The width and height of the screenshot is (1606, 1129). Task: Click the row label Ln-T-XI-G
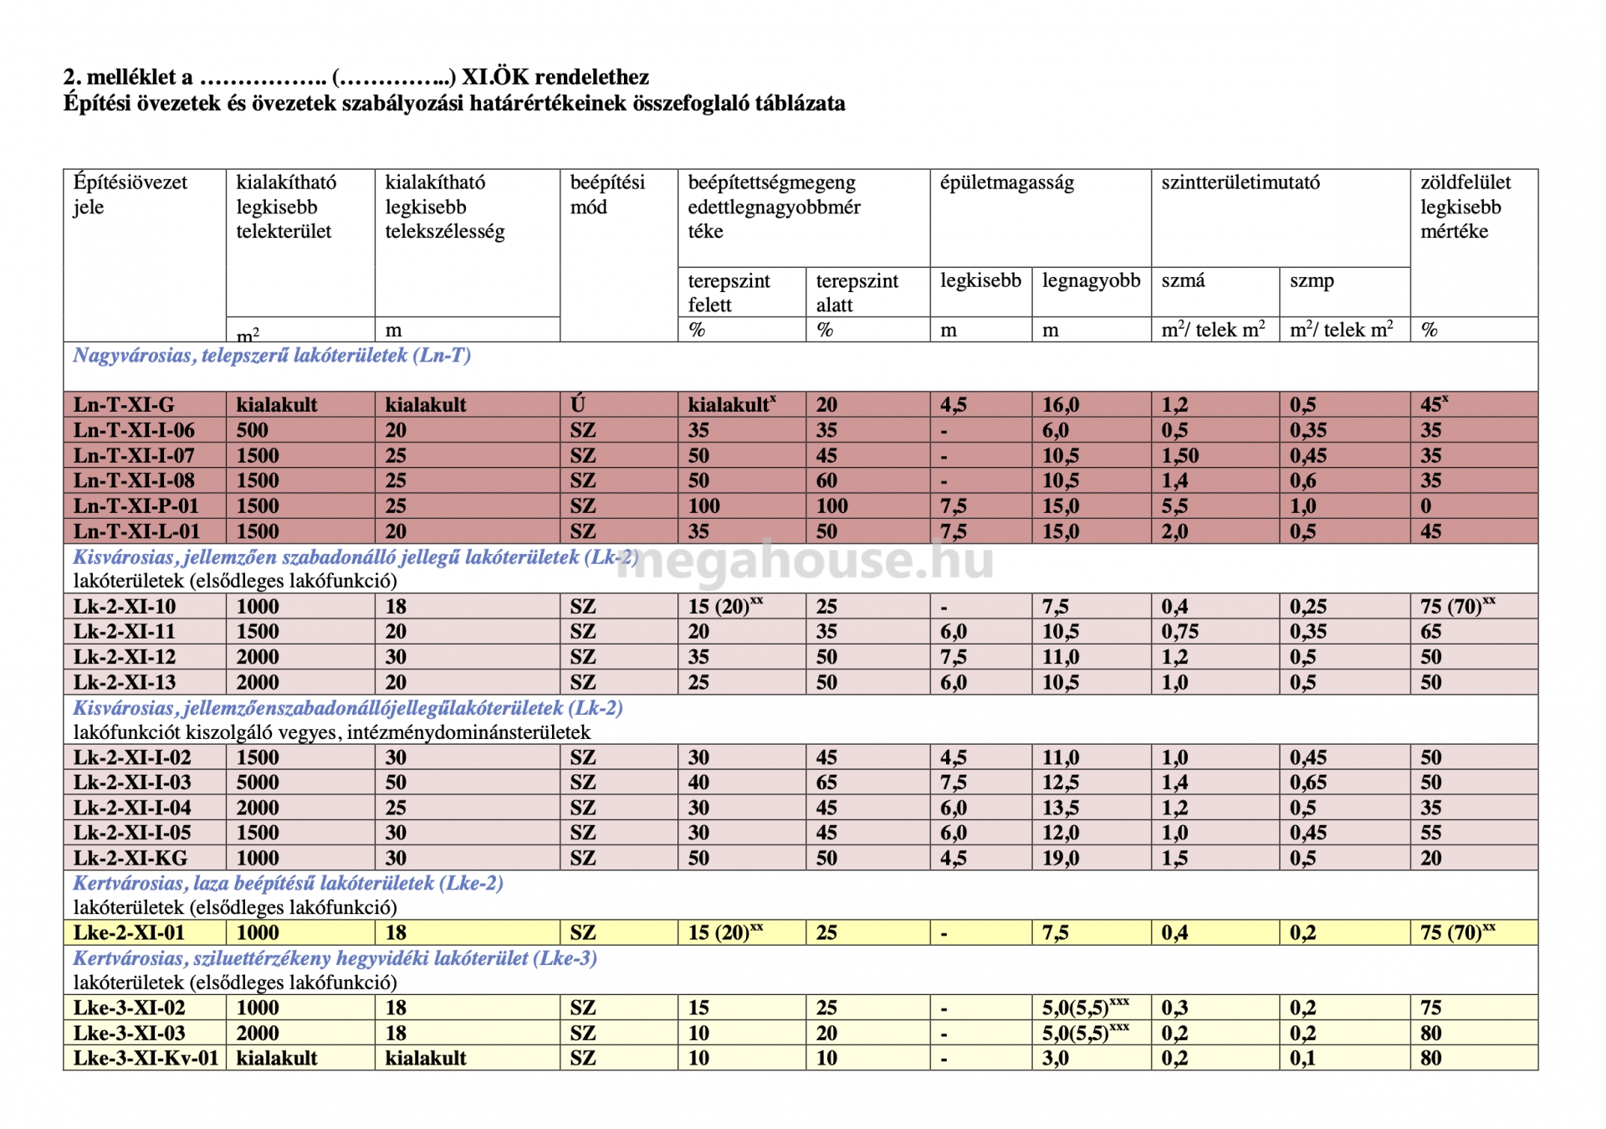click(x=124, y=405)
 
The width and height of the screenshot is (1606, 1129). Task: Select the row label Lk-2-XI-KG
click(x=130, y=858)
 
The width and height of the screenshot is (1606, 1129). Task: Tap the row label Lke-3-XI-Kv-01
click(x=146, y=1058)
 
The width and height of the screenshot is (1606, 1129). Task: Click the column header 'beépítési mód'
click(x=607, y=194)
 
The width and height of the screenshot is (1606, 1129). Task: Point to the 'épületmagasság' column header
click(x=1006, y=182)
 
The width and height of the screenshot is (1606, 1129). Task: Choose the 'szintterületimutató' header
click(x=1240, y=182)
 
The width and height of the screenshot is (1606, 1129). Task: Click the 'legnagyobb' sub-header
click(x=1091, y=280)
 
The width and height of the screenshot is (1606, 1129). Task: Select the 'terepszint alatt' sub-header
click(x=857, y=292)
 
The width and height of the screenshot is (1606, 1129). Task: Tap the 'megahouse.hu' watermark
click(x=805, y=560)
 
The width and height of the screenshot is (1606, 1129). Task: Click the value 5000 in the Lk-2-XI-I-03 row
click(x=258, y=783)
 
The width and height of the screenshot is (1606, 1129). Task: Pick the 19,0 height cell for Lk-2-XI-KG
click(x=1061, y=858)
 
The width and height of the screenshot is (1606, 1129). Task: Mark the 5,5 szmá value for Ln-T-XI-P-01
click(x=1174, y=505)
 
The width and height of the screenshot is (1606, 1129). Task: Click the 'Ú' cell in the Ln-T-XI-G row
click(x=577, y=405)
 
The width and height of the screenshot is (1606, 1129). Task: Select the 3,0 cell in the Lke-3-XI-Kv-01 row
click(x=1056, y=1058)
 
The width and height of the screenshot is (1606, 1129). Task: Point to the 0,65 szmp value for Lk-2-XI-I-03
click(x=1308, y=783)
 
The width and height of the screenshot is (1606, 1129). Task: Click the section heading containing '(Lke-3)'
click(x=335, y=958)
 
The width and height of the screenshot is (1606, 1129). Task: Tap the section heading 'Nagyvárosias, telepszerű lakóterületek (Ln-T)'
click(x=272, y=356)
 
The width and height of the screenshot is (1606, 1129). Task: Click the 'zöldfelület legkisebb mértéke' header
click(x=1465, y=207)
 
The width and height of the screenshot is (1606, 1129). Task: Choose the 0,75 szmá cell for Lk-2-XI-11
click(x=1179, y=631)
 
